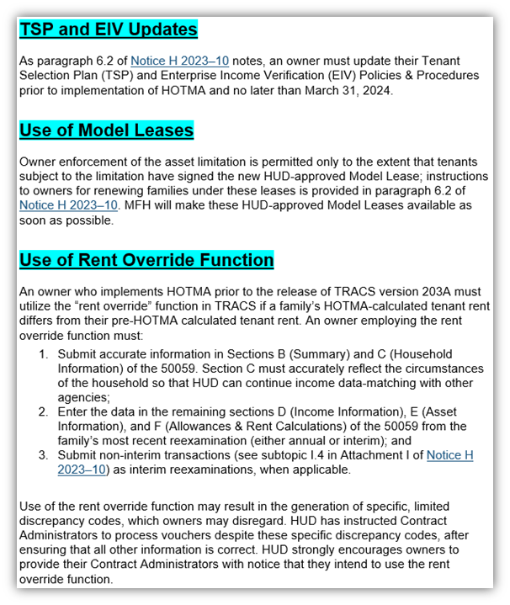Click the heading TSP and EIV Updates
[108, 30]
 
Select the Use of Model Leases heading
[106, 130]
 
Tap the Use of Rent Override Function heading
[146, 260]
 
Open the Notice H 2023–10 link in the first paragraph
[179, 61]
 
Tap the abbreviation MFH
[136, 205]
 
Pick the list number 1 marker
[44, 354]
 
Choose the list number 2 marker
[44, 412]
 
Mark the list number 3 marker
[44, 455]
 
